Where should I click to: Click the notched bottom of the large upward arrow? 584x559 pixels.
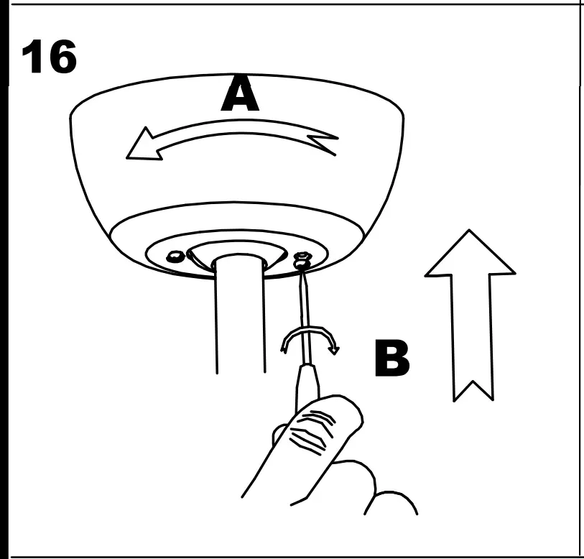[x=471, y=388]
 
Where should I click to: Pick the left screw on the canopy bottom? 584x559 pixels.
[x=174, y=256]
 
